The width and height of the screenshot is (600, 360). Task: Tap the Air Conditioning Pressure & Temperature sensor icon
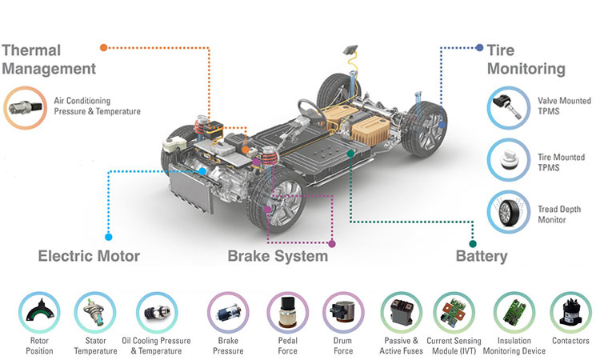[x=26, y=106]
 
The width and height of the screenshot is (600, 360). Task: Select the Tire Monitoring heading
[x=526, y=59]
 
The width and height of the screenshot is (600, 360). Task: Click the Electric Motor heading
[x=89, y=256]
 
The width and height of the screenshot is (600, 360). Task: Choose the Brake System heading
[x=278, y=256]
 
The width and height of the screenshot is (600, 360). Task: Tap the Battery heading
[x=481, y=256]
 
